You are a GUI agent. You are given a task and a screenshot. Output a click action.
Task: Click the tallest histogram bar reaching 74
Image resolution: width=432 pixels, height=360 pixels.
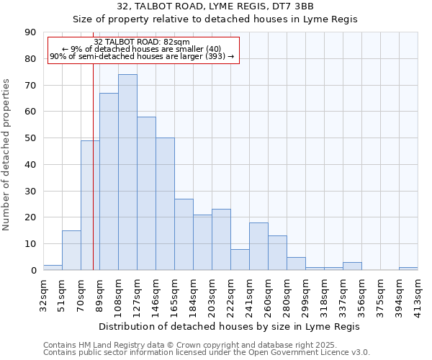point(127,172)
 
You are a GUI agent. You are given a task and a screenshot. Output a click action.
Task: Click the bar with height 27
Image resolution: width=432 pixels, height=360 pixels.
point(184,234)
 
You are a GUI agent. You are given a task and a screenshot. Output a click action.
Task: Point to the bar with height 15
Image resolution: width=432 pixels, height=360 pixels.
point(71,250)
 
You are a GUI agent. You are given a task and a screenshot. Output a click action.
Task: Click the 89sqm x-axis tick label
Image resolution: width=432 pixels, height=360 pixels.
point(99,294)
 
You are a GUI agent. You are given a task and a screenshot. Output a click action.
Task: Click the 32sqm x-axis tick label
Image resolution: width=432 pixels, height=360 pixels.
point(43,294)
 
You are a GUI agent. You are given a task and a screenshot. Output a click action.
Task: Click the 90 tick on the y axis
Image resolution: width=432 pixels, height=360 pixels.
point(30,32)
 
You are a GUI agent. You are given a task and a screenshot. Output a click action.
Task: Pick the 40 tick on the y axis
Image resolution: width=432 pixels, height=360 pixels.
point(30,164)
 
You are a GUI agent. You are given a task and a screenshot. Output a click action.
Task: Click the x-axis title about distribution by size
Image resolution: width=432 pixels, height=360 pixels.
point(230,326)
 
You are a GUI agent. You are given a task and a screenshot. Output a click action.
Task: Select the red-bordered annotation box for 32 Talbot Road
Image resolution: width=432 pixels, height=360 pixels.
point(142,50)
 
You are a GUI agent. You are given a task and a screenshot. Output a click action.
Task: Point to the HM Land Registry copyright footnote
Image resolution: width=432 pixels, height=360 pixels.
point(206,345)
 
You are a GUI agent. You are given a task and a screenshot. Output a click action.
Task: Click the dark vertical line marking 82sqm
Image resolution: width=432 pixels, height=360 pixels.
point(93,180)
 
